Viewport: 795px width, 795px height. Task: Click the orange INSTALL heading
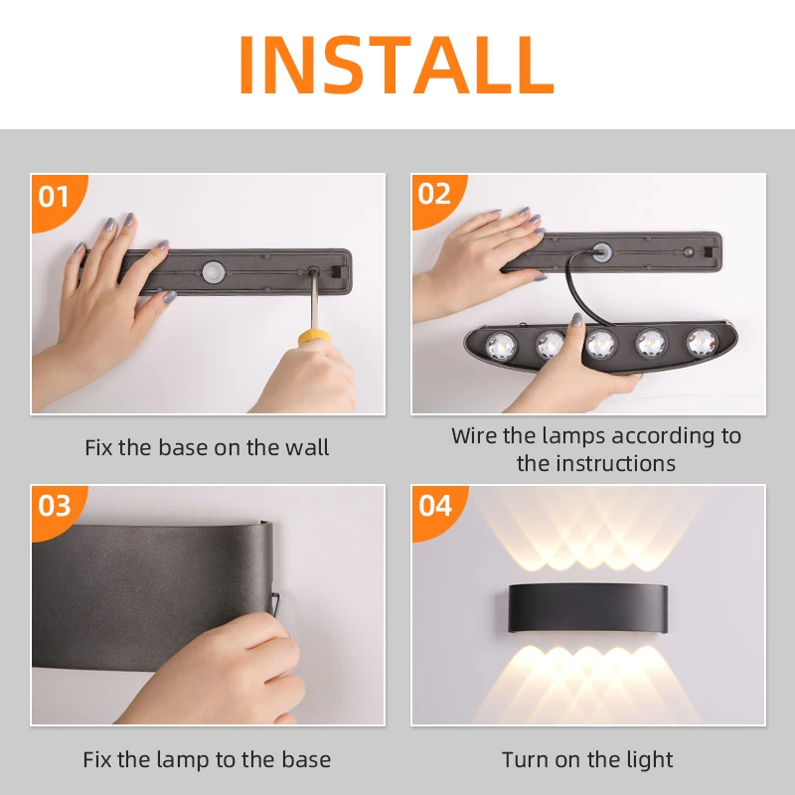(396, 65)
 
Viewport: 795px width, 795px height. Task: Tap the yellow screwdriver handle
(313, 337)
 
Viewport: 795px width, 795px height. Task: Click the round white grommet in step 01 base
(214, 272)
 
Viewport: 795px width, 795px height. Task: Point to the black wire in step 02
(583, 289)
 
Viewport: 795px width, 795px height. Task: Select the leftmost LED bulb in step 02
(501, 346)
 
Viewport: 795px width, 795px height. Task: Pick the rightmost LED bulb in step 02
(703, 343)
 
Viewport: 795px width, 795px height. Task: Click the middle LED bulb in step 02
(601, 344)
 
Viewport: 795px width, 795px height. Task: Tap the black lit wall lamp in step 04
(587, 608)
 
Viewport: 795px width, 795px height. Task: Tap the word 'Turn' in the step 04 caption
(525, 760)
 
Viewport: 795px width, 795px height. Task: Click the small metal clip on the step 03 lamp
(275, 603)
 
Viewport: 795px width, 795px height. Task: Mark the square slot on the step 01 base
(336, 271)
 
